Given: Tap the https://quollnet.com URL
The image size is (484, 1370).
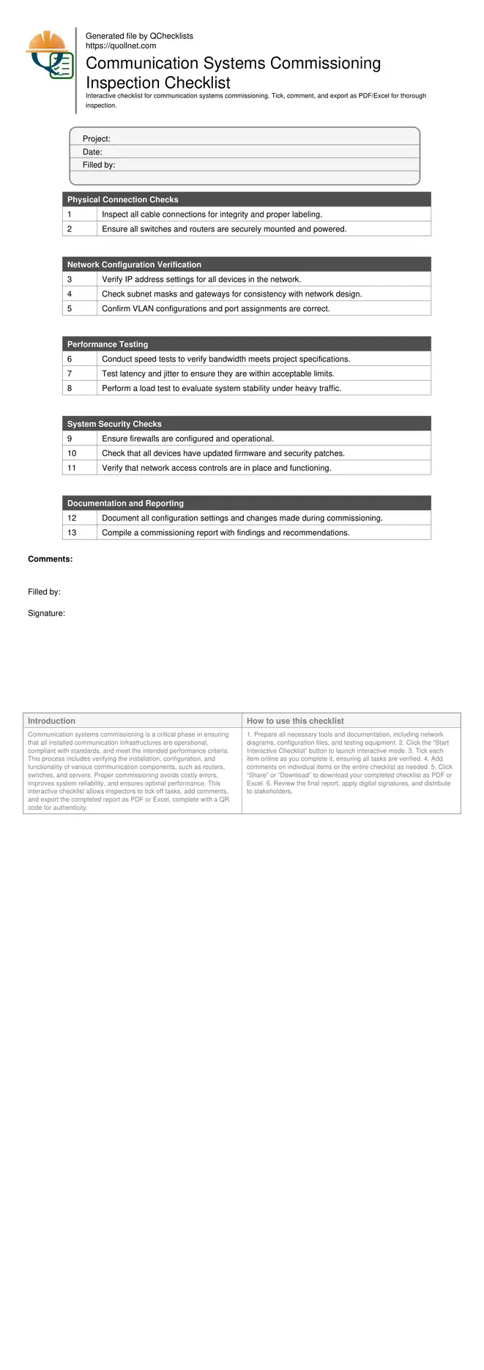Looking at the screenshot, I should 121,45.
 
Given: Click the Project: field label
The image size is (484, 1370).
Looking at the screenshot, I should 97,139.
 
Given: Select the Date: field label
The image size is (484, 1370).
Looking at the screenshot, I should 92,152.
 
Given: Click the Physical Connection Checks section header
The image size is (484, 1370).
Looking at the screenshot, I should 122,200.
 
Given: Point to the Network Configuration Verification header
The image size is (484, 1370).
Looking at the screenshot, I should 134,265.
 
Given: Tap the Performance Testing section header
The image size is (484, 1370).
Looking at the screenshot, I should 108,344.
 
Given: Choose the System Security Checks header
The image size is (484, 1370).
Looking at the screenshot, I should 114,424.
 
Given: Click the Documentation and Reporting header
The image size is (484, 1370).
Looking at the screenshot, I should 125,504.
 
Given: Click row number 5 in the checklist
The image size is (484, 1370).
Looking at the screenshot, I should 70,309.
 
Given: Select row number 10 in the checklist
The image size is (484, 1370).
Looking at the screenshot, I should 72,453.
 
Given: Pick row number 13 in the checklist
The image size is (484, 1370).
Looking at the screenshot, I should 72,533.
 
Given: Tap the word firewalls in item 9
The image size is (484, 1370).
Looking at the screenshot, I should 145,439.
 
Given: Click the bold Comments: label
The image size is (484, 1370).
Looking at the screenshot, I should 50,559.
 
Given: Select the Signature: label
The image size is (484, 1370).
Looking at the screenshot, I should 46,614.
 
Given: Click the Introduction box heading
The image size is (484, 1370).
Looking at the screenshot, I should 51,721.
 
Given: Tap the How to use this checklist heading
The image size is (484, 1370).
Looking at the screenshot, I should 295,721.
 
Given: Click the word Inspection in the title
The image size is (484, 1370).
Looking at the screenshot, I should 124,83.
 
